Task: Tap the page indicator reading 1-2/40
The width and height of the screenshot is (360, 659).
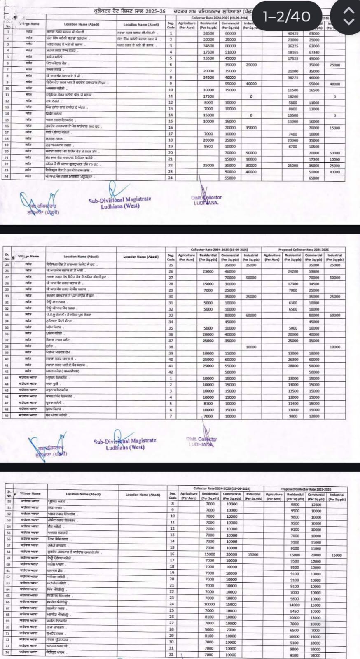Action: [287, 16]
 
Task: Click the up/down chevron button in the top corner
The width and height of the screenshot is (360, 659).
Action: [348, 16]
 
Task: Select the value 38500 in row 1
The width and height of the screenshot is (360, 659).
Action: [209, 33]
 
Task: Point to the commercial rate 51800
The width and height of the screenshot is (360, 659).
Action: [230, 52]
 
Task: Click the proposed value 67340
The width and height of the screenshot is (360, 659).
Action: [314, 52]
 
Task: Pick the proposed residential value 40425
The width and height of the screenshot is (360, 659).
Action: [293, 33]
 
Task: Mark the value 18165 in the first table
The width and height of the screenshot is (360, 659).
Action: [293, 52]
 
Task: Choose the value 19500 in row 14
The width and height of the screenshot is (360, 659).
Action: [293, 115]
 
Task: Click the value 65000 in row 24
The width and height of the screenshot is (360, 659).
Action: [314, 178]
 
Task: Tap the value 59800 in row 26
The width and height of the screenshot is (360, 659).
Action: [314, 271]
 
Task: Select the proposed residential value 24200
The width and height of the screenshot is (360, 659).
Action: [293, 271]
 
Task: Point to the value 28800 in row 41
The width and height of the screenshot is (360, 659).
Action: [293, 365]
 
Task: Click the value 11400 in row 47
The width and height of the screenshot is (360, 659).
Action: [293, 403]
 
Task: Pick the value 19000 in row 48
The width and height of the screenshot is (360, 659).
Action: [314, 410]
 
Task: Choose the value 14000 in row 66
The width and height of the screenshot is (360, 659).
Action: [295, 605]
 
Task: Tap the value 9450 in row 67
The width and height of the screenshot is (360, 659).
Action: [295, 611]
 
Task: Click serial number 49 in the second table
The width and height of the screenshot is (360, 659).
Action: [7, 416]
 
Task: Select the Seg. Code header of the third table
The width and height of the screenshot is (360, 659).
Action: [173, 495]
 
